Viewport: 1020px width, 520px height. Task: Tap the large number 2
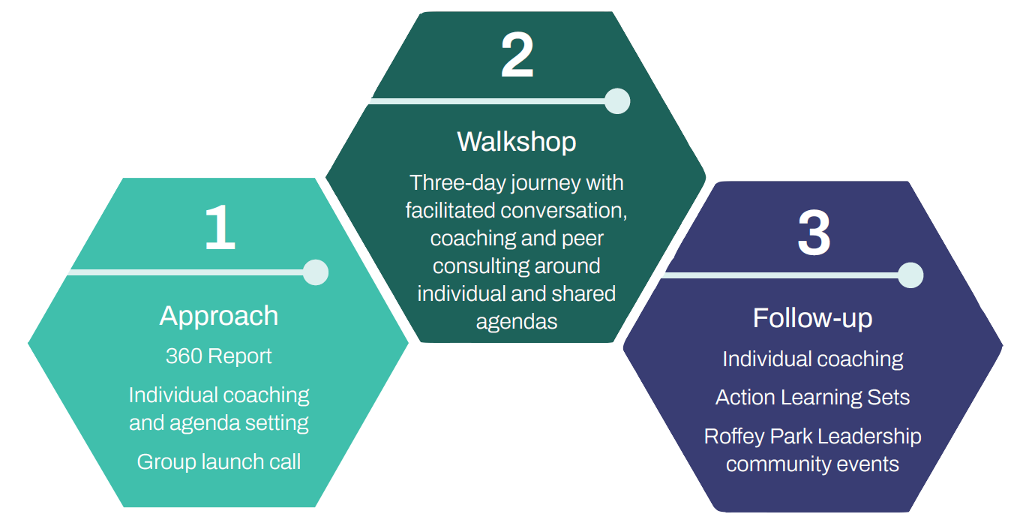click(x=517, y=56)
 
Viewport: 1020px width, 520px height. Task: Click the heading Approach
click(x=218, y=316)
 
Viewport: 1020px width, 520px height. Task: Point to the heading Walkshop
click(x=517, y=141)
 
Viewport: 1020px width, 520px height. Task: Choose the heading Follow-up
click(x=812, y=318)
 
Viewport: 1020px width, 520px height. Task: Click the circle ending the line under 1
click(x=316, y=272)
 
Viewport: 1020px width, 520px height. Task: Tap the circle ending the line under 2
click(x=617, y=101)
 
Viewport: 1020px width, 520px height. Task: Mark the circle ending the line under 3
click(x=910, y=275)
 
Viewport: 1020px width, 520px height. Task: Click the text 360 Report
click(x=218, y=356)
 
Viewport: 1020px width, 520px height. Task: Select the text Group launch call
click(x=218, y=461)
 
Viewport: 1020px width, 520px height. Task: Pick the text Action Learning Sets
click(x=812, y=397)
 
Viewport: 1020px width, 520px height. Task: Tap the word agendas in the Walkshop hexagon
click(x=517, y=321)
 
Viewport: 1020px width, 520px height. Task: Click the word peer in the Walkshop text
click(x=583, y=238)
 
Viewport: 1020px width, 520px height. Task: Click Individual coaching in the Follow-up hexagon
click(x=812, y=359)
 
